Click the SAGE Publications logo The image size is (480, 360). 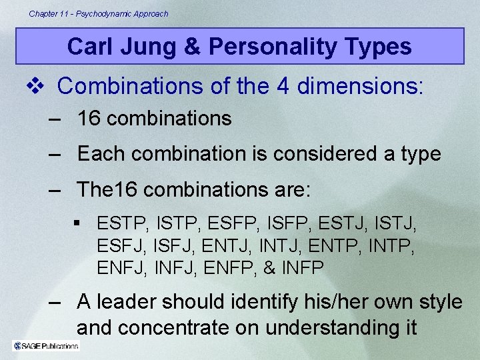tap(46, 345)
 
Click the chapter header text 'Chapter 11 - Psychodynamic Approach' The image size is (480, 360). tap(99, 13)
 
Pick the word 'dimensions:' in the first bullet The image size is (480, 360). tap(367, 86)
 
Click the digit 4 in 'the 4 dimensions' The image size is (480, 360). tap(267, 86)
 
